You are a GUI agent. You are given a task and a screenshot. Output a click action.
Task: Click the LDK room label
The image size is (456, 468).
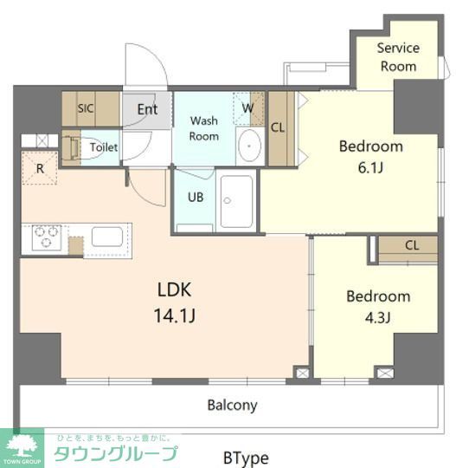coord(175,289)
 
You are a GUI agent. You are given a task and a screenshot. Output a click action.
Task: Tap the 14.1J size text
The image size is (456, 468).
coord(175,315)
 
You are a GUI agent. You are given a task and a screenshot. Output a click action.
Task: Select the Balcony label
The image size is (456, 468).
coord(232,406)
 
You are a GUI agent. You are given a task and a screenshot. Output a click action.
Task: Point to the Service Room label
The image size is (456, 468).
coord(399,57)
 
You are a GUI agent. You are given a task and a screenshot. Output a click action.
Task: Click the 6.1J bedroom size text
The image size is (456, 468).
coord(370,167)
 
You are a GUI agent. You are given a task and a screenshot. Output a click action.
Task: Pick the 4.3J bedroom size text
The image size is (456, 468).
coord(377,317)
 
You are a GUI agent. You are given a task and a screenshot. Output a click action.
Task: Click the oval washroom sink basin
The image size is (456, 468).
coord(250,146)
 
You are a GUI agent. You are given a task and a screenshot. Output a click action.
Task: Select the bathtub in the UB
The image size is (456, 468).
coord(236,201)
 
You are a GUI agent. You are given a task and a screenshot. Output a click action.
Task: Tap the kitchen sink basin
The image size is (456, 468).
coord(107,237)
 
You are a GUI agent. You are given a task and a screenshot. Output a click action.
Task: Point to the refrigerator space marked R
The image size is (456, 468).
coord(40,168)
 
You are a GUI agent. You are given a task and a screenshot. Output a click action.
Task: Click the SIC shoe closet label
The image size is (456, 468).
coord(86,108)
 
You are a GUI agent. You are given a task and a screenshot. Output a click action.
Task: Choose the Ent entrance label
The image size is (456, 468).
coord(147,109)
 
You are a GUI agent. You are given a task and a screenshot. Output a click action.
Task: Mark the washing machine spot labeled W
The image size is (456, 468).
coord(248,108)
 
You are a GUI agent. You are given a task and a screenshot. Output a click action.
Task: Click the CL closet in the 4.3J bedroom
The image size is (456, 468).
coord(408,250)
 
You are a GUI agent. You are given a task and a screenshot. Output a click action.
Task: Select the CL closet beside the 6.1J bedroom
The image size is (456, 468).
coord(282,128)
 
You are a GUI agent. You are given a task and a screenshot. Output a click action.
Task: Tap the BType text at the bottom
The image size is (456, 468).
coord(246,458)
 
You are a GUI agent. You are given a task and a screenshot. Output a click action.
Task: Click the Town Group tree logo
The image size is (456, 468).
coord(22,448)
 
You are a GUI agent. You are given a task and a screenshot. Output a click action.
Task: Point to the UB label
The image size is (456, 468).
coord(196,198)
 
